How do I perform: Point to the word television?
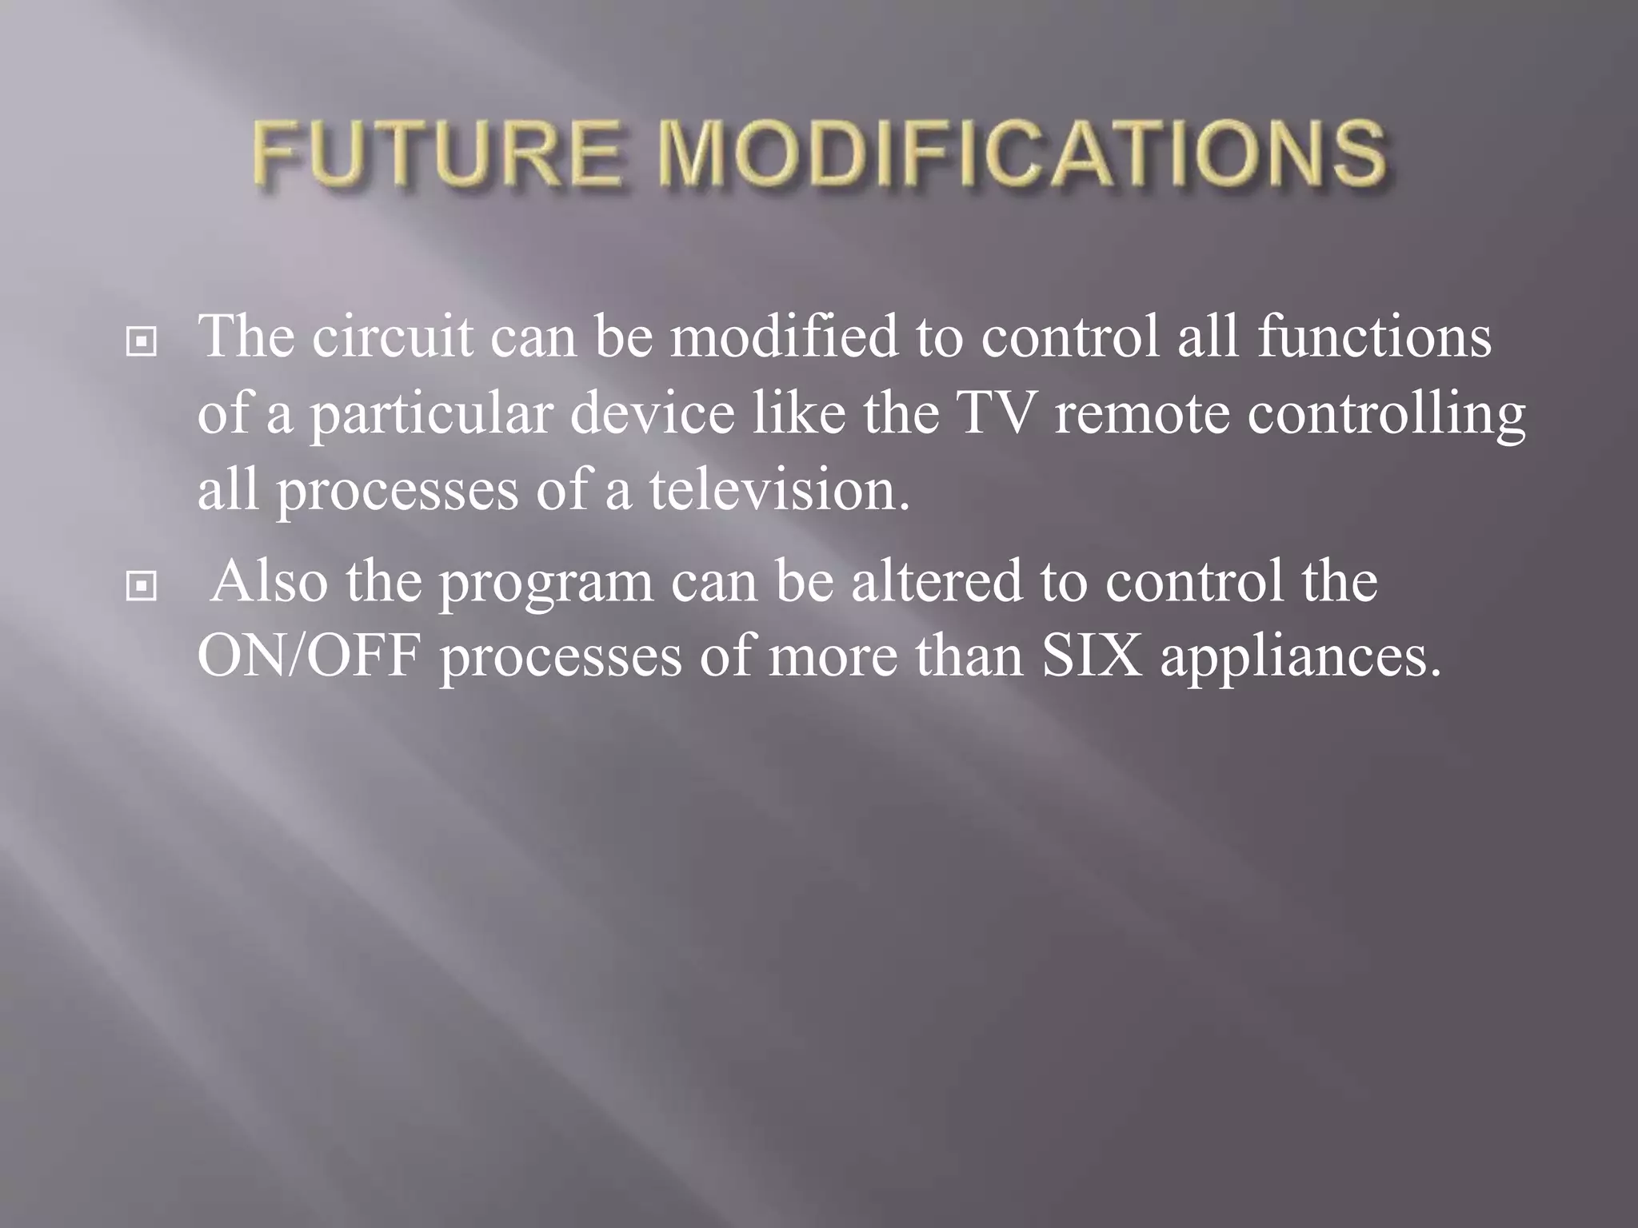coord(780,490)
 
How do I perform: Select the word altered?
coord(937,581)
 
